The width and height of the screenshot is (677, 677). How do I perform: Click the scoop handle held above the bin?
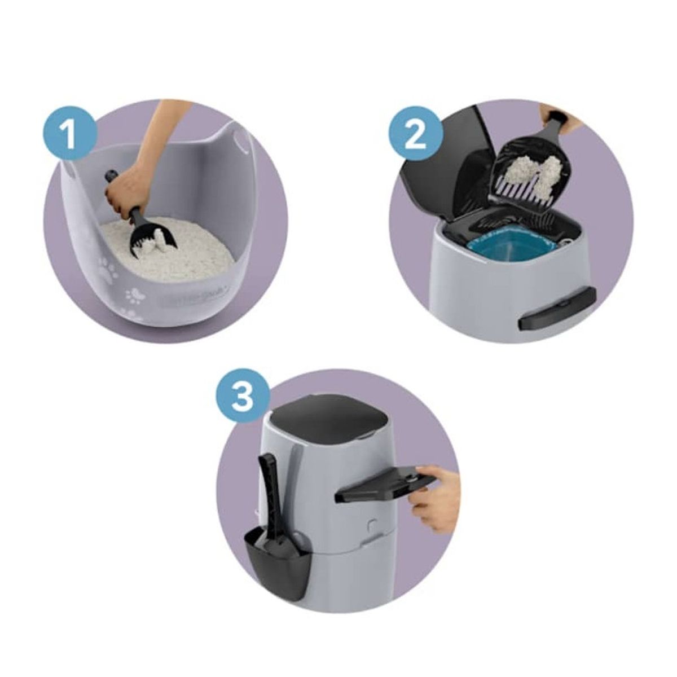pos(556,124)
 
